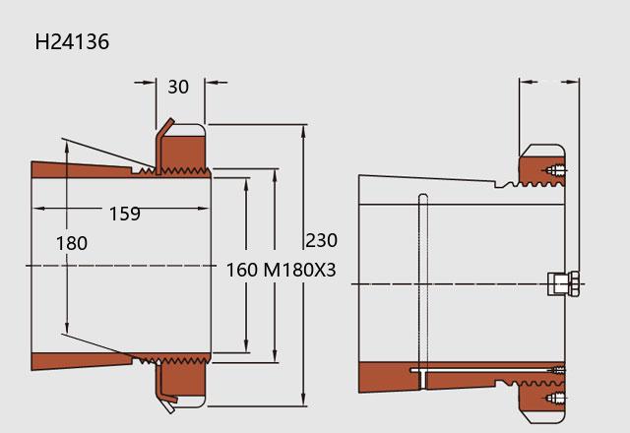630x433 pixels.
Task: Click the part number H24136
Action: (x=72, y=41)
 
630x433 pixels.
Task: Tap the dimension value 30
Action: (x=178, y=87)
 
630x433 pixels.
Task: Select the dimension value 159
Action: (x=125, y=214)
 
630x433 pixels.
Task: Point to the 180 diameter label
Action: (x=72, y=243)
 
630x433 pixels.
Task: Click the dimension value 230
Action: (x=322, y=240)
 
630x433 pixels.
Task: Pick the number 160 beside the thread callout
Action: (x=242, y=270)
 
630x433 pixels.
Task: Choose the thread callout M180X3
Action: (x=299, y=270)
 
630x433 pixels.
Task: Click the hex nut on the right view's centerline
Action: (x=564, y=283)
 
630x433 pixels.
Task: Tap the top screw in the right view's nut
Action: (x=556, y=170)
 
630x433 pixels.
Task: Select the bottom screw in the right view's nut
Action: (x=556, y=399)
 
